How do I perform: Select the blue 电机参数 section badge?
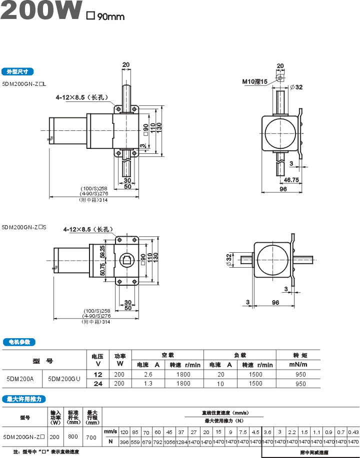[x=19, y=342]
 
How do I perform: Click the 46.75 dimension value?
[x=291, y=180]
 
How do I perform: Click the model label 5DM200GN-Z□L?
[x=24, y=84]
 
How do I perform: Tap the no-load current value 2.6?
[x=148, y=374]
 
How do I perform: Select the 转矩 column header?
[x=300, y=355]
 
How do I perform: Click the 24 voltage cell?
[x=98, y=384]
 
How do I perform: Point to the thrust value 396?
[x=124, y=442]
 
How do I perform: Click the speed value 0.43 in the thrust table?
[x=353, y=432]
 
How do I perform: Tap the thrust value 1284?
[x=181, y=442]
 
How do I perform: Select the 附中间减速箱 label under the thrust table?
[x=314, y=453]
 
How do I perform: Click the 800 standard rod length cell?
[x=73, y=437]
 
